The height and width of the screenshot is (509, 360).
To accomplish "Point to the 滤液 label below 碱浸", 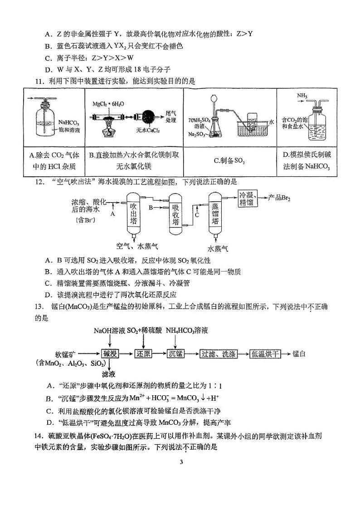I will pyautogui.click(x=109, y=374).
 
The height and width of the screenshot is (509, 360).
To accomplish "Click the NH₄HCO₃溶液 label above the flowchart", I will pyautogui.click(x=186, y=331).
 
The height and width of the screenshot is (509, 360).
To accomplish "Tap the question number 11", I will pyautogui.click(x=40, y=81).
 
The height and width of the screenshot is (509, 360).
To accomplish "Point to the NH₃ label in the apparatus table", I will pyautogui.click(x=302, y=96).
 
